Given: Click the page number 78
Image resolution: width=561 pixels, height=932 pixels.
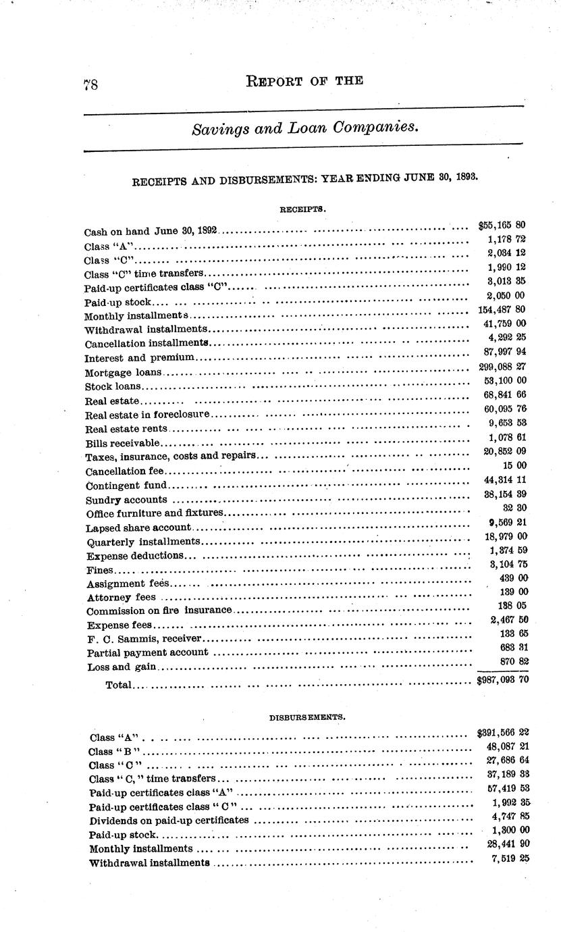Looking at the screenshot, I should pos(91,84).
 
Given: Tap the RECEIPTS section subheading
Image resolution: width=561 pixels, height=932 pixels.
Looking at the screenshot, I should pos(303,209).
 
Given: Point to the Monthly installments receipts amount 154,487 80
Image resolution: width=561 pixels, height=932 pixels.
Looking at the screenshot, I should pos(500,310).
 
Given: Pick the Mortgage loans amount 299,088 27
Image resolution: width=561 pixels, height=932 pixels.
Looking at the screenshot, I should pos(500,366).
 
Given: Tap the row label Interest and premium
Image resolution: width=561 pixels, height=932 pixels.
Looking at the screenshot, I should pos(140,357).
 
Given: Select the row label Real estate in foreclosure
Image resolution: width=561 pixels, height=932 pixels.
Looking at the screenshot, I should pos(148,413).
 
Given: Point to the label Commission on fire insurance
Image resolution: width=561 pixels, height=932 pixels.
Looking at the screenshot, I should pos(159,611).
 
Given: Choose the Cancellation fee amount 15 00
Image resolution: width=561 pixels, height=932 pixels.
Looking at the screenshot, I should pos(512,465).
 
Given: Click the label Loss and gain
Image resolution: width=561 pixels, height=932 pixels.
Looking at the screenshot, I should pos(122,667).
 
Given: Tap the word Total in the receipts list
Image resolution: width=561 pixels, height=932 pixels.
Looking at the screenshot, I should pos(118,685).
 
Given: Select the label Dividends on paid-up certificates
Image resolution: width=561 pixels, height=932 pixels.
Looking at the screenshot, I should pos(169,821).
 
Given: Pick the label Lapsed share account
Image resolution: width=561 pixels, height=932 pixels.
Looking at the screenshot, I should pos(139,527).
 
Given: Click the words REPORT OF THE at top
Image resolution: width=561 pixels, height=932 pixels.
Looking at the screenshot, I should pos(305,82).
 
